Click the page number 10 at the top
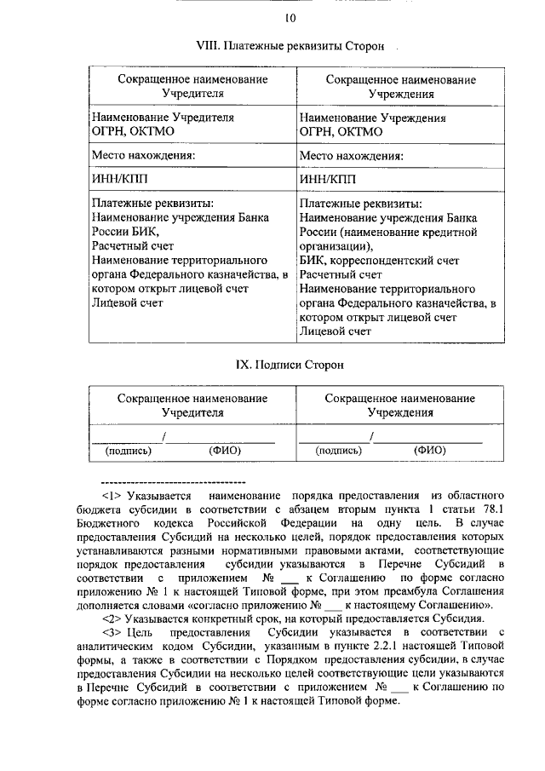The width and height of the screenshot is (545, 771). click(290, 18)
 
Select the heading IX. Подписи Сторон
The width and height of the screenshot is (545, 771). click(290, 365)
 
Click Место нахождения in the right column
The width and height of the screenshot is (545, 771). click(352, 156)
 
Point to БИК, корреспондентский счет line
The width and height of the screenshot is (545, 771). click(380, 260)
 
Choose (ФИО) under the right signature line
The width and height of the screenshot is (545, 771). click(430, 451)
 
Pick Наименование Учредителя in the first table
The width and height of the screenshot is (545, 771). click(163, 118)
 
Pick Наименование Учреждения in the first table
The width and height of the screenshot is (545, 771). click(373, 118)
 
